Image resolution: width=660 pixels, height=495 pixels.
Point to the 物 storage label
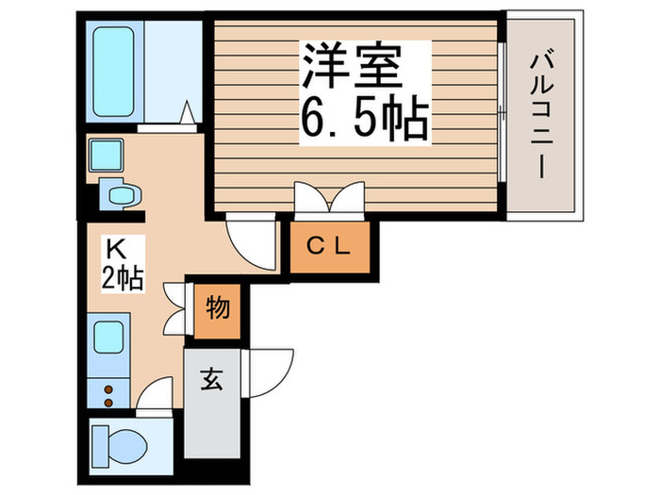218,307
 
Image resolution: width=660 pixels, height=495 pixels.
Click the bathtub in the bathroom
114,58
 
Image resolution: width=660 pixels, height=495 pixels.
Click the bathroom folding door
188,114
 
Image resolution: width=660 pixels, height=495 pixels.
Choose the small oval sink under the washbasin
123,195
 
